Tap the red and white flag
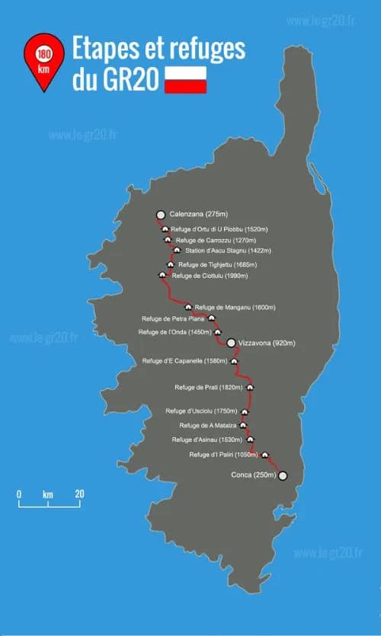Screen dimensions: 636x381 [x=186, y=80]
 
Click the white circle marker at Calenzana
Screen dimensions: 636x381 [x=160, y=216]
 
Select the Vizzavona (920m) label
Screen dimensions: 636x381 [x=267, y=344]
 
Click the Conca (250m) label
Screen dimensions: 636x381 [x=251, y=475]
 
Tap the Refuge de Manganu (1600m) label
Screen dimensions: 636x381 [x=235, y=307]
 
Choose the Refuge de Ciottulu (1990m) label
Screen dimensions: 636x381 [x=211, y=276]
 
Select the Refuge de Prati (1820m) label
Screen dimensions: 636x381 [x=209, y=388]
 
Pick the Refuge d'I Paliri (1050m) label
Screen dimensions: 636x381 [x=224, y=455]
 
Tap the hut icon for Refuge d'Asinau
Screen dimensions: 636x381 [x=250, y=439]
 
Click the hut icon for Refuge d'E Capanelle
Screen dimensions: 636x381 [x=235, y=361]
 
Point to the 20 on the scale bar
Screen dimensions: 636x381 [x=79, y=494]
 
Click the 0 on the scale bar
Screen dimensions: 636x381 [x=19, y=494]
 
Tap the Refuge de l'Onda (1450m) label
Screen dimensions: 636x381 [x=175, y=332]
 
